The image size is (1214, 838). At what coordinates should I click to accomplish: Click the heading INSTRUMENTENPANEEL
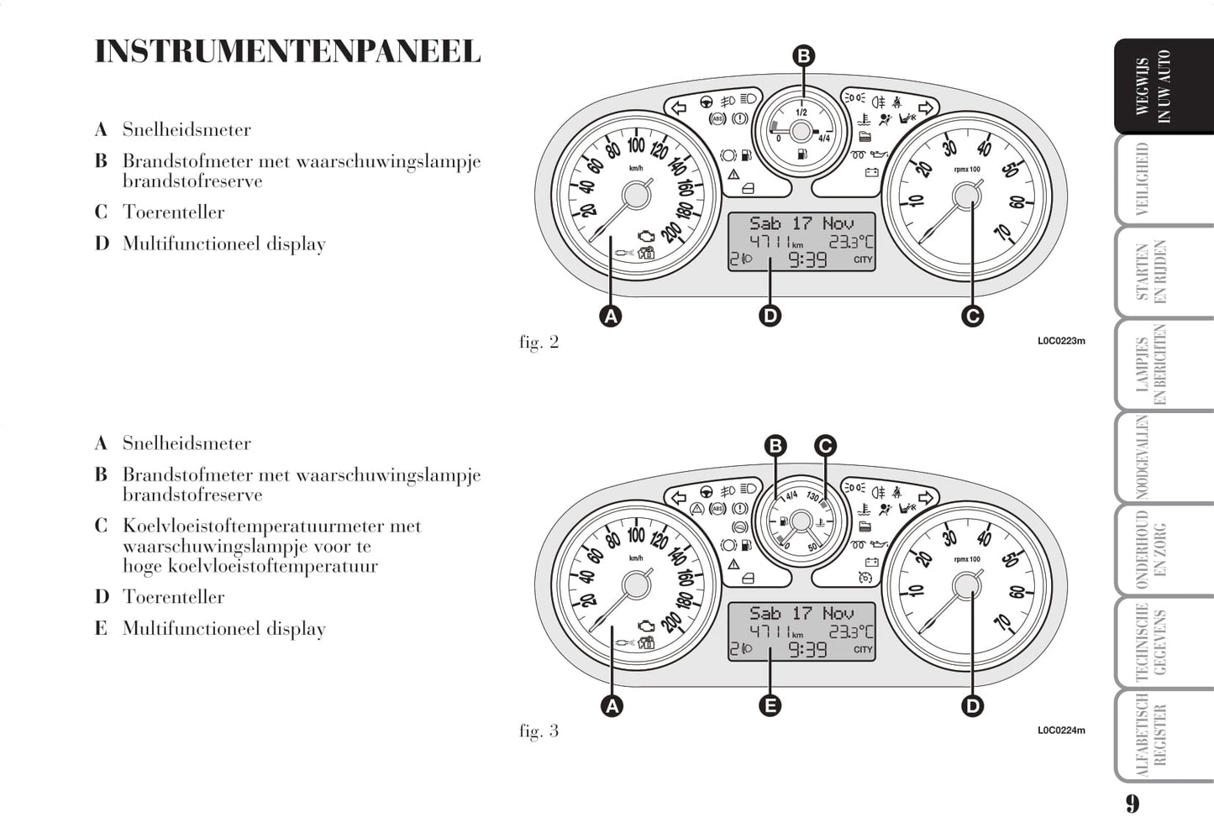(x=288, y=52)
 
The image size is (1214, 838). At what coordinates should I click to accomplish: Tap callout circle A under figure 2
(x=611, y=316)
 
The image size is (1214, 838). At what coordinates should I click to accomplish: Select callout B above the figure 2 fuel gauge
(x=803, y=55)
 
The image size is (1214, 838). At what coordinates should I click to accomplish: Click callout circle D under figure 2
(x=770, y=315)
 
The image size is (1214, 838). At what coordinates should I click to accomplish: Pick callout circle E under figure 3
(x=770, y=705)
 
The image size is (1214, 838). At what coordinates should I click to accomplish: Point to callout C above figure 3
(x=825, y=446)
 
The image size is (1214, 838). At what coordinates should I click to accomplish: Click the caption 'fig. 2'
(x=539, y=343)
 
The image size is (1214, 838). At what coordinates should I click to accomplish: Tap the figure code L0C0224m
(x=1061, y=731)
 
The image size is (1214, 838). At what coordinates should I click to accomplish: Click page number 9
(x=1133, y=804)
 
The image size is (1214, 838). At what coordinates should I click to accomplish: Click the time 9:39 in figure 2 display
(x=807, y=260)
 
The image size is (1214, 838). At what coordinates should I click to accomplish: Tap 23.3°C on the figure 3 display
(x=851, y=631)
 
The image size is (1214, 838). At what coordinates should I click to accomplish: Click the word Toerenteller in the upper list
(x=173, y=212)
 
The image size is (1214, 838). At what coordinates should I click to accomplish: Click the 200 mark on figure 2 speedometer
(x=671, y=233)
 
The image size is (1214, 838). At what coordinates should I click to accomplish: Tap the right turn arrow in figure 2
(x=926, y=107)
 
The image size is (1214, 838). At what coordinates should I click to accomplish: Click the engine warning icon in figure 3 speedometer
(x=645, y=626)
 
